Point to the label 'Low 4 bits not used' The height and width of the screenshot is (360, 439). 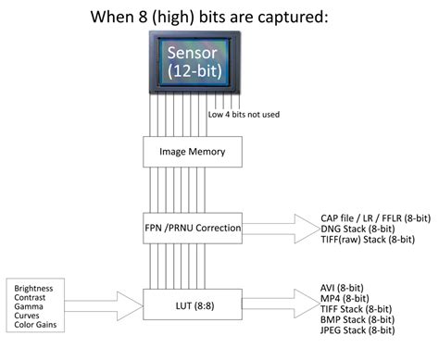[244, 115]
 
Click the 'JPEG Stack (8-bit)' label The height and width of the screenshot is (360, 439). [355, 330]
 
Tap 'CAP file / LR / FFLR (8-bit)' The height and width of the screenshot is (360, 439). [375, 217]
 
